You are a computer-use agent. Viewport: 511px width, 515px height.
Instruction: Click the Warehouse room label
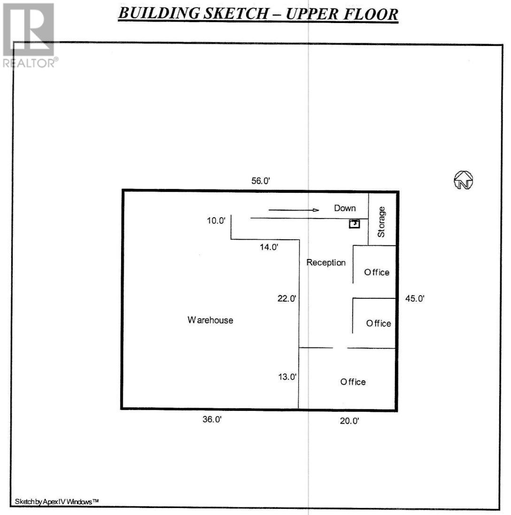tap(210, 320)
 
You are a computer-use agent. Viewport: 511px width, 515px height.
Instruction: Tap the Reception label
tap(326, 263)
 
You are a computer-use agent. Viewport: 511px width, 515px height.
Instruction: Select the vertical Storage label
tap(381, 222)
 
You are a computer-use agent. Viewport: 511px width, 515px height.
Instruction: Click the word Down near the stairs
tap(345, 208)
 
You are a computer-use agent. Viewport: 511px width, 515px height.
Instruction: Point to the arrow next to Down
tap(294, 210)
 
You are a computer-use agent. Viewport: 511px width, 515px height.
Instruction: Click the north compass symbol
tap(463, 180)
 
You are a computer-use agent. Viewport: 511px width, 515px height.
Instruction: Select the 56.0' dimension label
tap(261, 181)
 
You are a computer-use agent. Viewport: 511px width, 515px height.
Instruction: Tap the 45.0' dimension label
tap(415, 298)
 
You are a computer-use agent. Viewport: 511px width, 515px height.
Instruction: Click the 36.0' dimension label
tap(212, 420)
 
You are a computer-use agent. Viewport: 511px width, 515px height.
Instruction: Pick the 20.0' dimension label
tap(349, 421)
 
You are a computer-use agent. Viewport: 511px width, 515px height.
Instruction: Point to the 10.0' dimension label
tap(217, 220)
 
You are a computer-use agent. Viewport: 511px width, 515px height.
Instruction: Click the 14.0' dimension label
tap(269, 247)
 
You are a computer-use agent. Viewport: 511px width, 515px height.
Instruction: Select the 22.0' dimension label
tap(287, 299)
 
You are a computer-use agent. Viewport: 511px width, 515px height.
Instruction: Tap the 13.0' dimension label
tap(287, 377)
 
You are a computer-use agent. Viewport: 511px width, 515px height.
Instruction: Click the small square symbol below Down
tap(354, 224)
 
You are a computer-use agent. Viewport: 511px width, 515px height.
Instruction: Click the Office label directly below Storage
tap(377, 273)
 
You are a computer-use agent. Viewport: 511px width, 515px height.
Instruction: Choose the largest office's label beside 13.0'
tap(353, 382)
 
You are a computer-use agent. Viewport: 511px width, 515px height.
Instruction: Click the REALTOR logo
tap(29, 35)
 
